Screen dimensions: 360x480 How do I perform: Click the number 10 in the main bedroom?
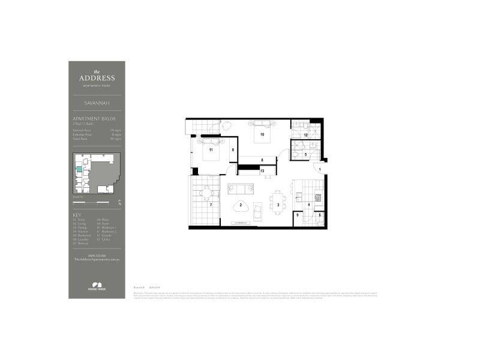[x=262, y=135]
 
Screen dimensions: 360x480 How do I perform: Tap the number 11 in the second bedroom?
[x=211, y=150]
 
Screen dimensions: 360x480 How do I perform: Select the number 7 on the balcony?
[x=211, y=205]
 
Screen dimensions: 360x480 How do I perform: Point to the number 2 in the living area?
[x=241, y=205]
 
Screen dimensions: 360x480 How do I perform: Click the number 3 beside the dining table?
[x=278, y=205]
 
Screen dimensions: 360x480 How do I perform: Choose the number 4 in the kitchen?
[x=309, y=205]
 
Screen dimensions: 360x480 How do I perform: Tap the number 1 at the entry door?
[x=320, y=170]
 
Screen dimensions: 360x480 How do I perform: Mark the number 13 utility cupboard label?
[x=262, y=171]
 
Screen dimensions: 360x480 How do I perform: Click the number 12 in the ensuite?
[x=305, y=136]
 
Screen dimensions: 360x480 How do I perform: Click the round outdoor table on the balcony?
[x=208, y=193]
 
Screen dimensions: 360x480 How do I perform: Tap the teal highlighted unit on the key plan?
[x=79, y=169]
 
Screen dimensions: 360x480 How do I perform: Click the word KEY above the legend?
[x=77, y=215]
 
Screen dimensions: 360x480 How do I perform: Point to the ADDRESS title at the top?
[x=96, y=77]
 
